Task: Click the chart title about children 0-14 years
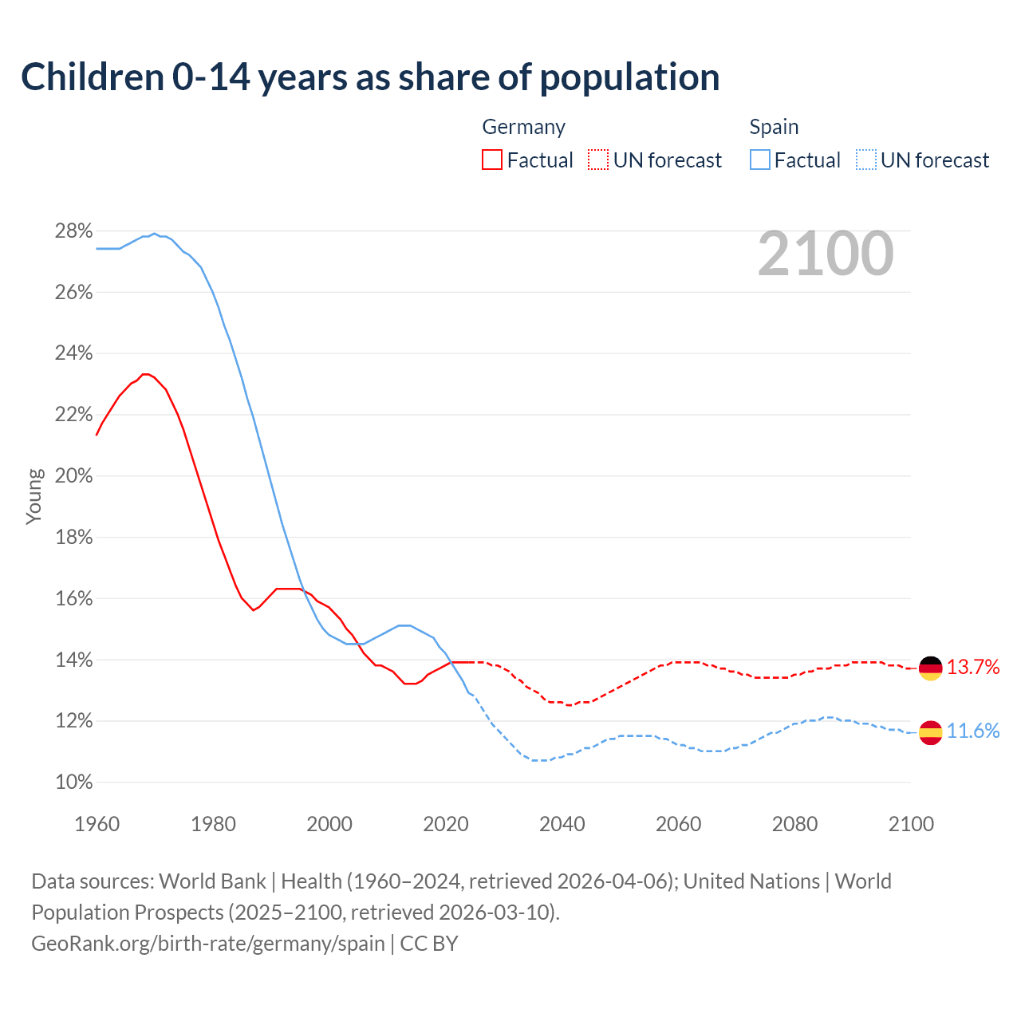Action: tap(370, 77)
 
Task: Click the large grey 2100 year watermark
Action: tap(826, 254)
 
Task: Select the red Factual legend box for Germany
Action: tap(492, 160)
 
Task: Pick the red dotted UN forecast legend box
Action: tap(598, 160)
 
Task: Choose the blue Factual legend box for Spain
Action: tap(760, 160)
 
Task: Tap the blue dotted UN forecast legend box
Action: tap(866, 160)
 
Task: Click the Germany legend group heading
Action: tap(523, 127)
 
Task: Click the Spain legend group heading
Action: tap(774, 127)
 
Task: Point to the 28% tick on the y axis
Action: tap(73, 231)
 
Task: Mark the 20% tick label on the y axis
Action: tap(73, 476)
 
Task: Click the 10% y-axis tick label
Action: tap(73, 783)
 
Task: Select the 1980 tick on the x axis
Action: tap(213, 824)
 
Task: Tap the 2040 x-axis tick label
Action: tap(562, 824)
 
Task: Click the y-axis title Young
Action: tap(34, 496)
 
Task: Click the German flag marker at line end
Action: tap(930, 668)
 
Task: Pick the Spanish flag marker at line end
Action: tap(930, 731)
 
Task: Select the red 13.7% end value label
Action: tap(973, 668)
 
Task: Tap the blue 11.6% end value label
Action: tap(973, 731)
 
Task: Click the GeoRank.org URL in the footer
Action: tap(208, 944)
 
